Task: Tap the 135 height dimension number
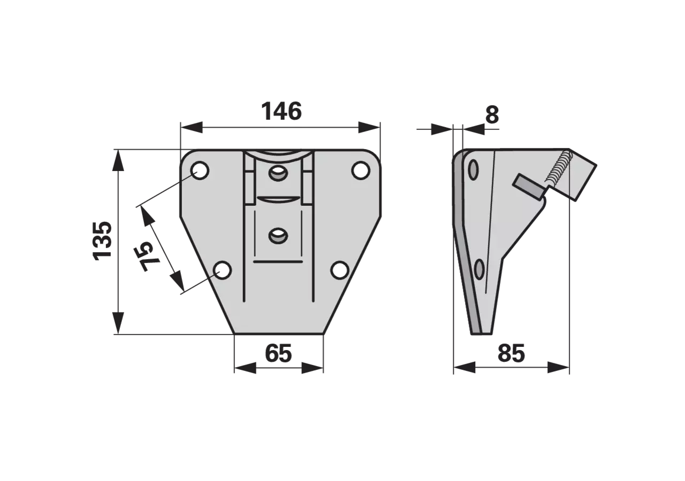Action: [102, 241]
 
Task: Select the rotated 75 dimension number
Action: [148, 257]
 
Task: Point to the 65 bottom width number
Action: [278, 353]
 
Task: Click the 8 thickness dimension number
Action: [492, 115]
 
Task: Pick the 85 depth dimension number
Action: [511, 353]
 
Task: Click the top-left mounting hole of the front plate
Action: [200, 170]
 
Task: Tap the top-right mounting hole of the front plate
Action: [361, 170]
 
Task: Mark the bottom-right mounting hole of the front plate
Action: [340, 270]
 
